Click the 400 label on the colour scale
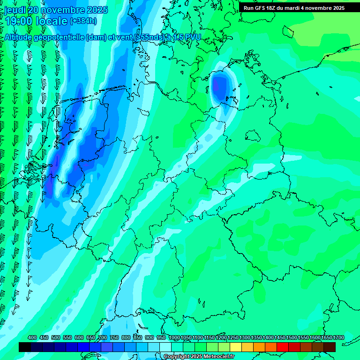32,337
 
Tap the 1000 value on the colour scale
174,337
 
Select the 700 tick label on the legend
103,337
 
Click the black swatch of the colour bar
25,347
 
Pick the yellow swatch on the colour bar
236,347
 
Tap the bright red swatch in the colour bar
283,347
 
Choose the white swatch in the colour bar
165,347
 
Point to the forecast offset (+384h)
83,21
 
